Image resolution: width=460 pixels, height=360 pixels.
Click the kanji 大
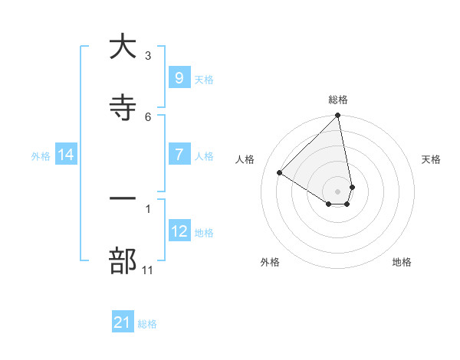[x=123, y=47]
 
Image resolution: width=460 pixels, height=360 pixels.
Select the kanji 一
[x=123, y=199]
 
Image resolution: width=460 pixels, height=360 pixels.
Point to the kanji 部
[x=123, y=260]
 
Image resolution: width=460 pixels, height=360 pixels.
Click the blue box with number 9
[x=179, y=77]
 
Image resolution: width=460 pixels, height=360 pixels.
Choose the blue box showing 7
[x=179, y=154]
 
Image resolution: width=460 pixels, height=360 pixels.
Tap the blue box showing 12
[x=179, y=231]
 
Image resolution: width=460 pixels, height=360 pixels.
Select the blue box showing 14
[x=66, y=155]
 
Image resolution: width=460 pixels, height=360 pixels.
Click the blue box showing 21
[x=123, y=322]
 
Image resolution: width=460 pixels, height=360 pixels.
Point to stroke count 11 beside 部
[x=148, y=270]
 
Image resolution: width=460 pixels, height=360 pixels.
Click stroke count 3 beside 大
[x=148, y=55]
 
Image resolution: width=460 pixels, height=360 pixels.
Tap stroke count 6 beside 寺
[x=148, y=116]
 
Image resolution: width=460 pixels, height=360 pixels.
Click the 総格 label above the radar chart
[x=338, y=100]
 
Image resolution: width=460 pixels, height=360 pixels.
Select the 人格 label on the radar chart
[x=245, y=159]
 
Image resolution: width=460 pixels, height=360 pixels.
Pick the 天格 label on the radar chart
[x=431, y=159]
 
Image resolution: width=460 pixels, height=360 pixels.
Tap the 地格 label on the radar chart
[x=402, y=262]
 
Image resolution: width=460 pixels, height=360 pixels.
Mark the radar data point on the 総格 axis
[x=338, y=116]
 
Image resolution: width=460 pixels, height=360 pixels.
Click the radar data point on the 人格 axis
[x=280, y=172]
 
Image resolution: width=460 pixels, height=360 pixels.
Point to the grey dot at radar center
[x=338, y=191]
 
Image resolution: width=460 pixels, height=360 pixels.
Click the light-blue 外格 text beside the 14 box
[x=41, y=155]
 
